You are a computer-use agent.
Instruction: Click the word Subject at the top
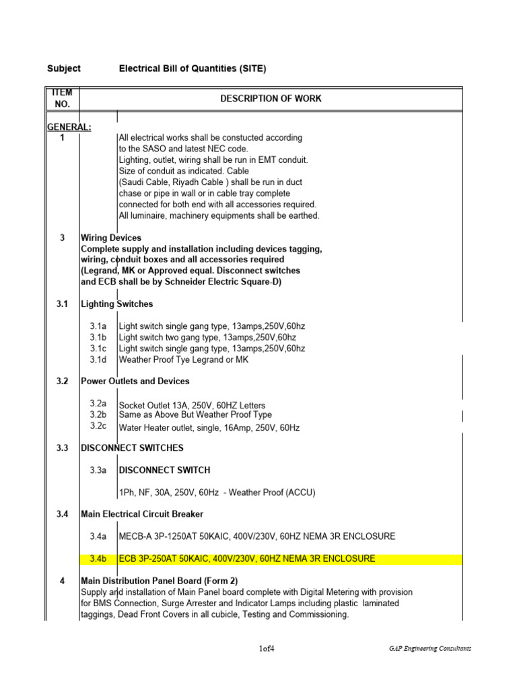(64, 69)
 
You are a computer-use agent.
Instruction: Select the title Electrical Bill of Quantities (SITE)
(193, 69)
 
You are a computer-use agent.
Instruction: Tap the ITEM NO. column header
(62, 98)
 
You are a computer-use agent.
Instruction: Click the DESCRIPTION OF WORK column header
(271, 98)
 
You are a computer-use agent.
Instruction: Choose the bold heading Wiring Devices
(111, 238)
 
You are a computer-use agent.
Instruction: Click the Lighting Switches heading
(116, 304)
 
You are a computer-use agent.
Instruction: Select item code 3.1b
(99, 338)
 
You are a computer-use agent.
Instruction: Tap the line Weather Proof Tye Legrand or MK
(183, 359)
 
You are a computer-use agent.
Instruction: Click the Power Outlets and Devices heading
(135, 381)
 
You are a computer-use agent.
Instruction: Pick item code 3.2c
(99, 426)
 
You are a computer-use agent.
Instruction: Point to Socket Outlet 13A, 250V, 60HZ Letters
(192, 406)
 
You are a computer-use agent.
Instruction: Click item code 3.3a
(99, 470)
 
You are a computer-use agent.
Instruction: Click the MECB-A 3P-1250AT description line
(256, 536)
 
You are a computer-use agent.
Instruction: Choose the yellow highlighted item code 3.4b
(99, 558)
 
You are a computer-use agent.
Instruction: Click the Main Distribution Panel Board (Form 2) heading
(159, 581)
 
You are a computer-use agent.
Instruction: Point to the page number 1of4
(267, 649)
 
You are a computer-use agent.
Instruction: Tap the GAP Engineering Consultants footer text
(429, 649)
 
